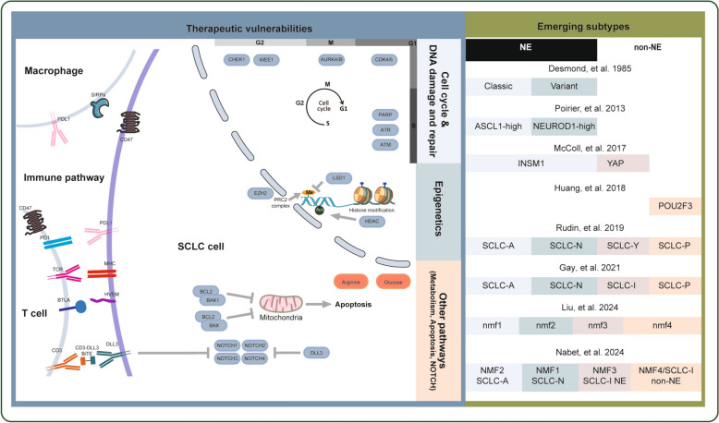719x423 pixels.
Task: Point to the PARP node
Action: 385,114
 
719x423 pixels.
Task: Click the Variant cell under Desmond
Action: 564,86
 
